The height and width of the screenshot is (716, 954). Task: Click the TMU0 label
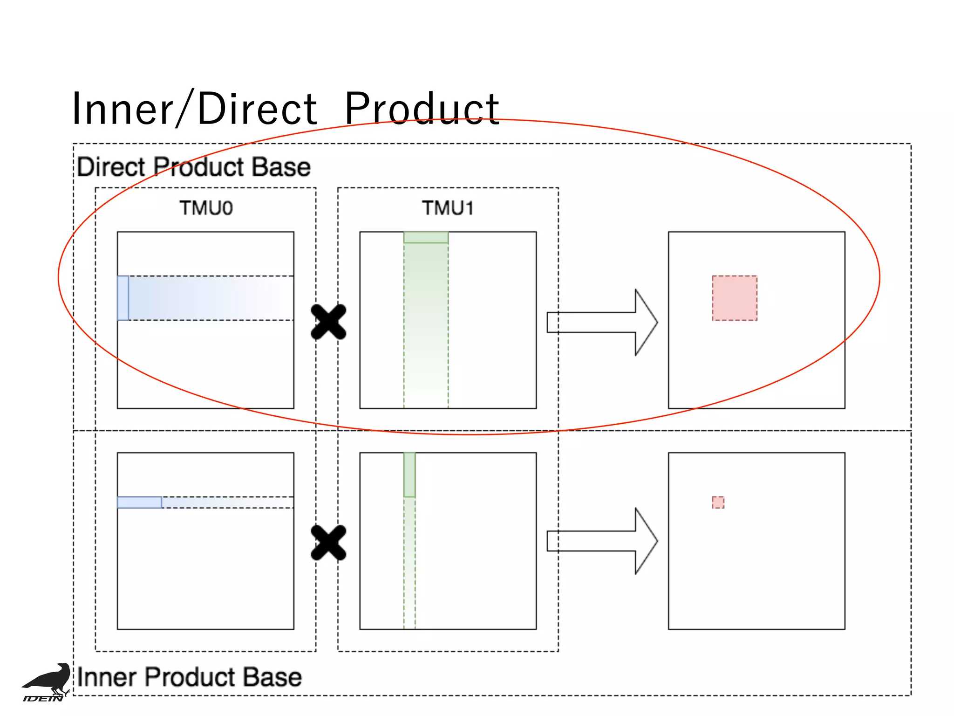point(206,208)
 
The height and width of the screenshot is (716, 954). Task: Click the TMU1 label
point(448,208)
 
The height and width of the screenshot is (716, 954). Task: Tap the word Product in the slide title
point(422,109)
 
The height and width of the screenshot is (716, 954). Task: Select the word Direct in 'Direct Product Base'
point(111,167)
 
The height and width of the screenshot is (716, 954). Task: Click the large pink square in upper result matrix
point(734,298)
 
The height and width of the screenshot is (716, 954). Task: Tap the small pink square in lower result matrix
point(718,502)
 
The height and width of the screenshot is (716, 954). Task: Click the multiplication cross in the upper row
point(328,322)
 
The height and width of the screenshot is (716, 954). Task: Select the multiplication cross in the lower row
point(328,542)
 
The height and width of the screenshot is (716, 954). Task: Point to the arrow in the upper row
point(602,322)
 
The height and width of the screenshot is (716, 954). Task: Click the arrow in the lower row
point(602,541)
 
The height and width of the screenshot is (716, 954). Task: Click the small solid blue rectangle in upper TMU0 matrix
point(123,298)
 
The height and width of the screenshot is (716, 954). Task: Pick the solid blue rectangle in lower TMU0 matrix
point(139,502)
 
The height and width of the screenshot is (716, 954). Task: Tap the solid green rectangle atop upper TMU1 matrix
point(426,237)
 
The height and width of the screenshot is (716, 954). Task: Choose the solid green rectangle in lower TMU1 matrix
point(409,475)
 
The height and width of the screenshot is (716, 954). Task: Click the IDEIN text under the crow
point(43,698)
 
